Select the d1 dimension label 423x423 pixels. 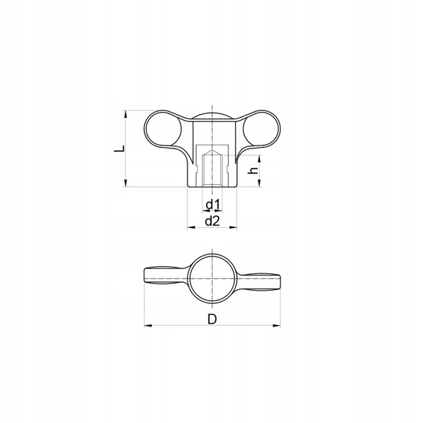point(213,205)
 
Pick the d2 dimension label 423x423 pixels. point(213,221)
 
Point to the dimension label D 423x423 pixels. point(212,320)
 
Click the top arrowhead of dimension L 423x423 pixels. point(125,114)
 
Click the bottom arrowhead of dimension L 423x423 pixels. point(125,183)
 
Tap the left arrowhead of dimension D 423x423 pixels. point(148,326)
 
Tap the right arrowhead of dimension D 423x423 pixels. point(277,326)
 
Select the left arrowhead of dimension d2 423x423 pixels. point(192,228)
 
